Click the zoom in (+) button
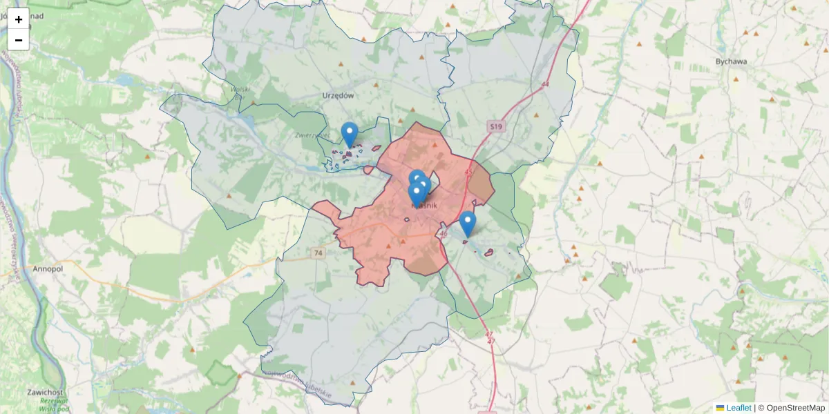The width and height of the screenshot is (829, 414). pos(19,19)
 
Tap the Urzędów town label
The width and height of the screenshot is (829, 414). pos(338,95)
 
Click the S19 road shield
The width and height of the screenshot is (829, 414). pos(495,126)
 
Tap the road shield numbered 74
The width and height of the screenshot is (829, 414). pos(318,253)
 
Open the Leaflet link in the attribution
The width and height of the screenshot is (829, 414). pos(738,408)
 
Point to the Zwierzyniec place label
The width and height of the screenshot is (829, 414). pos(311,136)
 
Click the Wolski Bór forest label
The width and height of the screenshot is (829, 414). pos(240,90)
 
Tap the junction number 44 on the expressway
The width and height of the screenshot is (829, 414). pos(545,84)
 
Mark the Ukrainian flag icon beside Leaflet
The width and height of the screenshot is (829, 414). pos(720,408)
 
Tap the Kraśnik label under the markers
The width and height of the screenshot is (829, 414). pos(424,205)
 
